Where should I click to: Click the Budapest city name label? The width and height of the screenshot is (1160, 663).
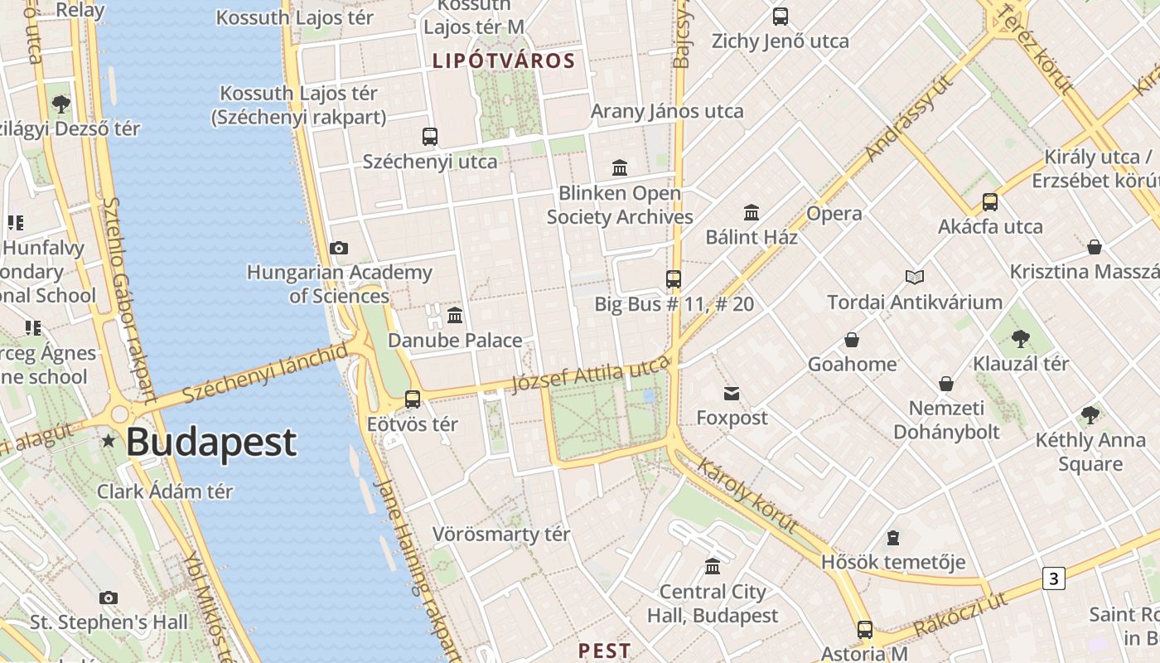click(210, 442)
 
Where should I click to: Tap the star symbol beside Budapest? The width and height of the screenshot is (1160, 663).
click(109, 441)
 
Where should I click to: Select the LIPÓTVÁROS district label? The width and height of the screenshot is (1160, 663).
click(503, 60)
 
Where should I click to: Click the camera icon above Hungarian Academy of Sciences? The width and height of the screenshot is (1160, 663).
click(338, 248)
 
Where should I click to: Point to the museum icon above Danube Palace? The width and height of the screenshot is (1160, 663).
click(455, 316)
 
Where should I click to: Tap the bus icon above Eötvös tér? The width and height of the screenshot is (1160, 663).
click(413, 399)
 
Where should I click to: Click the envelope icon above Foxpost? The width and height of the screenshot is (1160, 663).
click(732, 393)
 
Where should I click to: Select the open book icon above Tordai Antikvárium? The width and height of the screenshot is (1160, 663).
click(914, 277)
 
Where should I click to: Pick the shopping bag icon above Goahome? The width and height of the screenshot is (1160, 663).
click(851, 340)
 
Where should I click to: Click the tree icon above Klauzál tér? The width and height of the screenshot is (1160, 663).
click(1020, 338)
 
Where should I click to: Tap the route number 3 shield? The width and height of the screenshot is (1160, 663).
click(1053, 578)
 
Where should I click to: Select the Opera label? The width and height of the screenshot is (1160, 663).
click(834, 214)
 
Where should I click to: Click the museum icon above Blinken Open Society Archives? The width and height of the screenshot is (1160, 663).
click(619, 168)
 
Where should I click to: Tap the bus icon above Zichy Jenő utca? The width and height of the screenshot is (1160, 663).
click(780, 17)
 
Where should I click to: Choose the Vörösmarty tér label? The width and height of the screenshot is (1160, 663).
click(501, 535)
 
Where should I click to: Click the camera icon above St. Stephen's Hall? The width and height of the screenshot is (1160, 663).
click(108, 598)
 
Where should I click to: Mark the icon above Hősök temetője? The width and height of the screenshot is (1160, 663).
click(892, 538)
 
